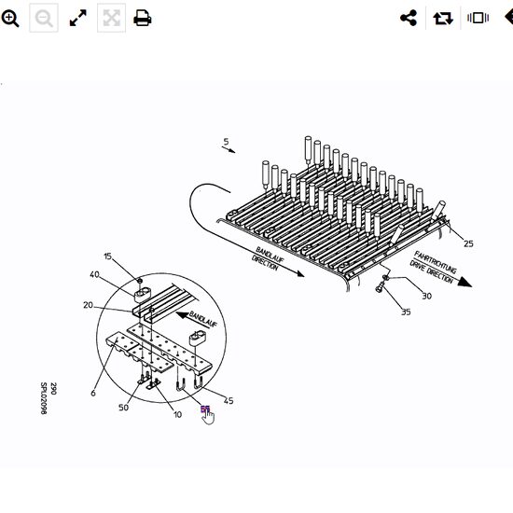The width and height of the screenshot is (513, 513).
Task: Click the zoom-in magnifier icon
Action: point(10,19)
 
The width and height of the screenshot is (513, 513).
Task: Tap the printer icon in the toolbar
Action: point(143,19)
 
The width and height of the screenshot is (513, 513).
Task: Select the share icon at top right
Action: point(408,19)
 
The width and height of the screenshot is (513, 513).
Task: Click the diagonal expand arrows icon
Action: point(78,19)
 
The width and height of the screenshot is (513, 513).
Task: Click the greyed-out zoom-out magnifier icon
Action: point(44,19)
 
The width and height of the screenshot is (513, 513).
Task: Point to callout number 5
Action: point(225,143)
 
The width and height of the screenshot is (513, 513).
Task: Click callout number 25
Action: point(468,243)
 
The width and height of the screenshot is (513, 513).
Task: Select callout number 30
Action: point(426,296)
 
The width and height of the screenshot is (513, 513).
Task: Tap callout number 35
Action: point(406,312)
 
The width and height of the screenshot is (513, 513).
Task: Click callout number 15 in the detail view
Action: point(107,256)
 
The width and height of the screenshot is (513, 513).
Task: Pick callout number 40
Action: point(94,274)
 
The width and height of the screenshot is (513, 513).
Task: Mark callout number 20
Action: point(88,306)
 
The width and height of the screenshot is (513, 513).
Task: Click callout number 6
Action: point(93,393)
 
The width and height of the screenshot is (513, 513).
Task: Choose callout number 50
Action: point(124,408)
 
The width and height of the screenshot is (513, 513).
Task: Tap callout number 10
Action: point(177,413)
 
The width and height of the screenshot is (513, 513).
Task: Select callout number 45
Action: point(229,401)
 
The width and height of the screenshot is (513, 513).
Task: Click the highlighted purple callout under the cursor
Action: point(204,409)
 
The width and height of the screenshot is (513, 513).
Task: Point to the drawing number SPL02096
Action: point(43,397)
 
